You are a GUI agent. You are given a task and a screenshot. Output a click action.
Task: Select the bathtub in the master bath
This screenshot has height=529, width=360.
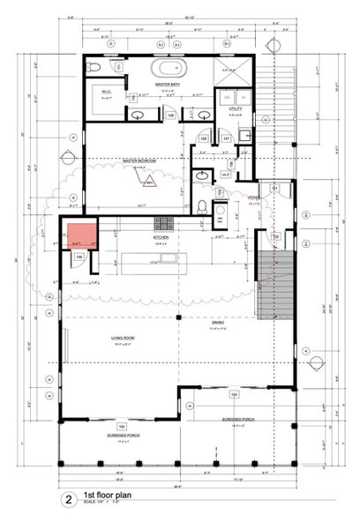[x=167, y=68]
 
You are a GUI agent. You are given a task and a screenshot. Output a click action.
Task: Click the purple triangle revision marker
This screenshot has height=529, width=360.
[x=150, y=182]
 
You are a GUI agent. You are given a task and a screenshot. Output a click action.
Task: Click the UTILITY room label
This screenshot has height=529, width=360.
[x=236, y=108]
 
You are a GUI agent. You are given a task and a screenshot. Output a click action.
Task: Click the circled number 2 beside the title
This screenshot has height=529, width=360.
[x=68, y=500]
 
